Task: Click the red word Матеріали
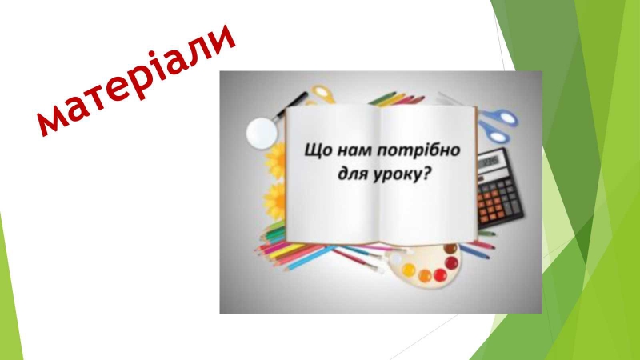pyautogui.click(x=136, y=79)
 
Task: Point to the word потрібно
pyautogui.click(x=418, y=150)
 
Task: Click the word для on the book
pyautogui.click(x=353, y=174)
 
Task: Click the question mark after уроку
pyautogui.click(x=426, y=174)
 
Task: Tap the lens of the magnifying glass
pyautogui.click(x=262, y=133)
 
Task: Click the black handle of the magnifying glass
pyautogui.click(x=292, y=105)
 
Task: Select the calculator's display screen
pyautogui.click(x=490, y=162)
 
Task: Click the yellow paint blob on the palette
pyautogui.click(x=408, y=270)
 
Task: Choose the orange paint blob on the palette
pyautogui.click(x=425, y=276)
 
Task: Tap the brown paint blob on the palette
pyautogui.click(x=450, y=249)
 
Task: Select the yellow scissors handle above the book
pyautogui.click(x=323, y=94)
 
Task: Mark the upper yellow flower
pyautogui.click(x=276, y=161)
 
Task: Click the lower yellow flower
pyautogui.click(x=275, y=202)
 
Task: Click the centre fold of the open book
pyautogui.click(x=380, y=174)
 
